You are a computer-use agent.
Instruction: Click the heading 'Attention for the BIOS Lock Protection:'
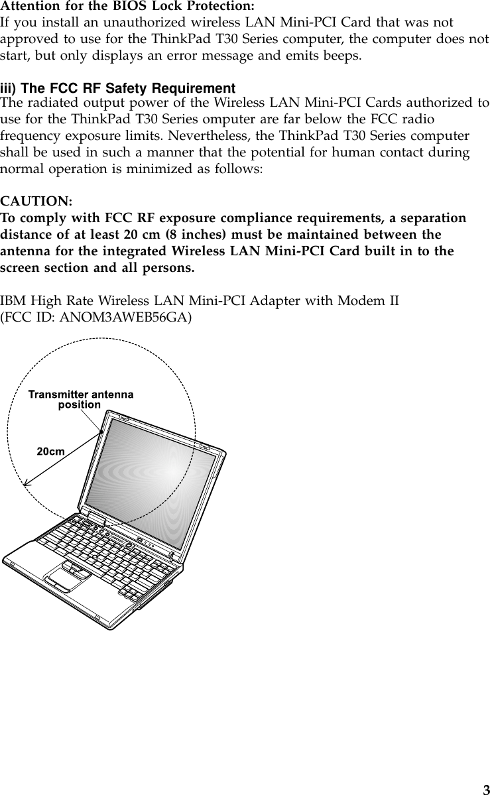(x=127, y=7)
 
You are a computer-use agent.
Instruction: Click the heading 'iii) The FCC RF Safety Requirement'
(x=118, y=89)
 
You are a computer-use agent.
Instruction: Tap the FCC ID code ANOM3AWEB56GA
(x=126, y=317)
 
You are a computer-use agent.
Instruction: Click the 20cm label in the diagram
(x=50, y=451)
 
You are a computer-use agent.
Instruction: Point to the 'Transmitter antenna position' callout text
(x=80, y=399)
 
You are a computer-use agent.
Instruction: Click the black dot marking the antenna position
(x=101, y=432)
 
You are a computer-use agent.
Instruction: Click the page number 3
(x=485, y=789)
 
